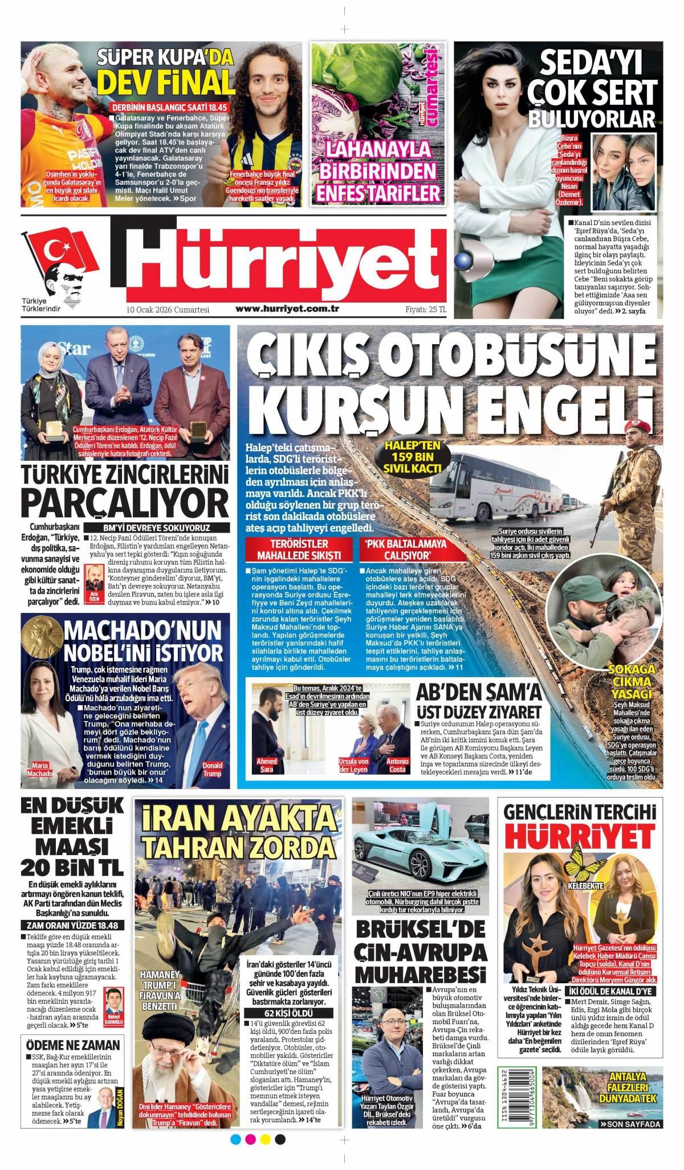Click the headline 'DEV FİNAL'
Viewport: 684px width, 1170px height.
click(x=165, y=82)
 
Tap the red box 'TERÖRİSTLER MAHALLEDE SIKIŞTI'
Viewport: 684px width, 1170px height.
click(x=299, y=550)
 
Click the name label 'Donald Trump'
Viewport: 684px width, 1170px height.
click(x=213, y=769)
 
